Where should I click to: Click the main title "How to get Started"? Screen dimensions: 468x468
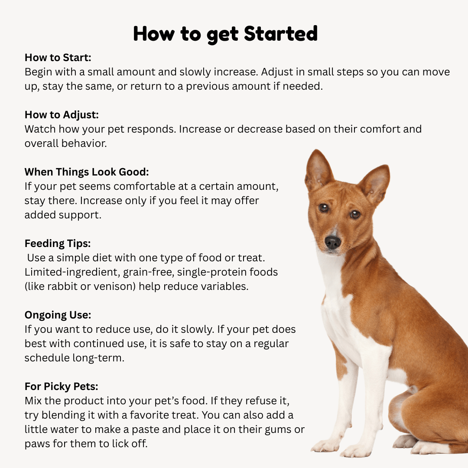[225, 33]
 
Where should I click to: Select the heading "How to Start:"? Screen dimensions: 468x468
[58, 58]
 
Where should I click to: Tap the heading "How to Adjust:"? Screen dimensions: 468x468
[62, 115]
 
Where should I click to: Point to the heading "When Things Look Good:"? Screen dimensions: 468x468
[87, 172]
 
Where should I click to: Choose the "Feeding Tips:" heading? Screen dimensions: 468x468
[58, 243]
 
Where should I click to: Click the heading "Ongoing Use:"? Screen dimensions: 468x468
[58, 315]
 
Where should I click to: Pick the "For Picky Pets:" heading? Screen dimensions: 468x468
[62, 386]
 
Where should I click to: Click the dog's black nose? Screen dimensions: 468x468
[333, 242]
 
